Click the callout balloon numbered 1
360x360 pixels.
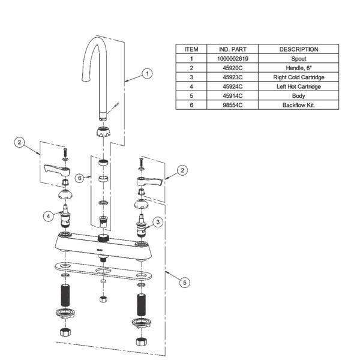(x=147, y=73)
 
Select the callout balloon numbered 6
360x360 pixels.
(x=80, y=178)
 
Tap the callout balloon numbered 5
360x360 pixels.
(x=185, y=283)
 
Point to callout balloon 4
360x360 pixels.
(x=48, y=216)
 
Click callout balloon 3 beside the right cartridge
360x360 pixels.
(x=158, y=222)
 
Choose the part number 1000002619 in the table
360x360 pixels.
(x=233, y=59)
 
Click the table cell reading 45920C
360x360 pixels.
(x=233, y=68)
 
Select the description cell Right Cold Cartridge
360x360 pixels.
(x=299, y=77)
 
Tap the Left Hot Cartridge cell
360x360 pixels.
(x=299, y=86)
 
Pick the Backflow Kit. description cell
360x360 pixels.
(x=299, y=105)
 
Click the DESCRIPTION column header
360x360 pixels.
(x=299, y=49)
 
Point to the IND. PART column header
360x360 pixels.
(x=233, y=49)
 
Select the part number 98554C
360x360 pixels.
(x=233, y=105)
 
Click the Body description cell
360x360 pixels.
(x=299, y=96)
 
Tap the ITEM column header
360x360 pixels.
(x=191, y=49)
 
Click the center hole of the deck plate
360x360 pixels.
(x=103, y=271)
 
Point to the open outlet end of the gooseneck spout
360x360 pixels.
(x=86, y=79)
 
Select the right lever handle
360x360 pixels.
(x=149, y=181)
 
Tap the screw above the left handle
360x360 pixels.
(x=65, y=152)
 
